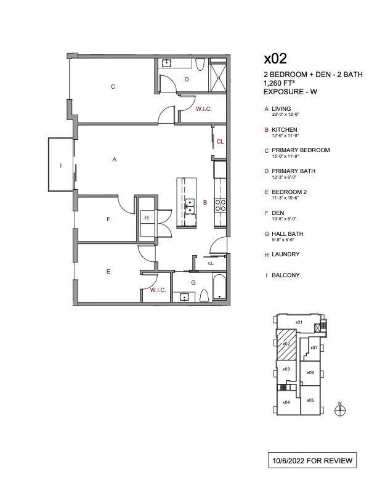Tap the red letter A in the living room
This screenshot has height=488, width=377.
(115, 160)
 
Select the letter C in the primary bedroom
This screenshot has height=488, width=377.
(113, 87)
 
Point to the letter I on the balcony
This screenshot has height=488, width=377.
(60, 166)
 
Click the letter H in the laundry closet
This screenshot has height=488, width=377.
(146, 218)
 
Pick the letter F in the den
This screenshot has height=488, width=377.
(108, 219)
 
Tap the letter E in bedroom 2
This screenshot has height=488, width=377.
(108, 270)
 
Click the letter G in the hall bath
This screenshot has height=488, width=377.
(193, 282)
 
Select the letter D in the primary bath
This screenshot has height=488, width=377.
(186, 79)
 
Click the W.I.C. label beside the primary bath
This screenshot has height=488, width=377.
(204, 109)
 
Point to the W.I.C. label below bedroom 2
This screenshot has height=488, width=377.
(158, 290)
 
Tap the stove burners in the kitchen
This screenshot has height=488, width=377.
(220, 205)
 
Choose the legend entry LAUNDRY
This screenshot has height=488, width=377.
(285, 254)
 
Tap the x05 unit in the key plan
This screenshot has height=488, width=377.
(310, 401)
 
